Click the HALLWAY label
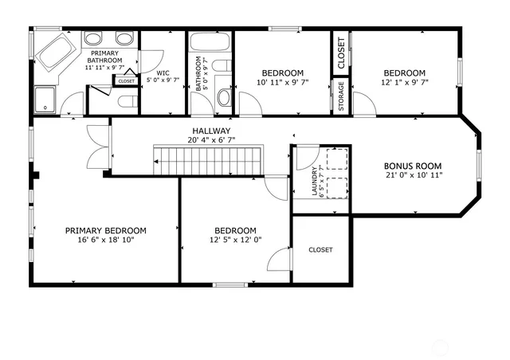tap(211, 131)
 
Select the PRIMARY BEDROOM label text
tap(106, 230)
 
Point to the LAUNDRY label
tap(302, 181)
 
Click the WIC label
tap(163, 73)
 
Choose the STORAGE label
tap(341, 96)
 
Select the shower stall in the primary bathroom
tap(47, 100)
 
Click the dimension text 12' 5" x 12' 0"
tap(235, 240)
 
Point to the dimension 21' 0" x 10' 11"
tap(413, 175)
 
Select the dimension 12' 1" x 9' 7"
tap(404, 82)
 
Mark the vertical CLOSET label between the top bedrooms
tap(341, 52)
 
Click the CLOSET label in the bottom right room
tap(320, 250)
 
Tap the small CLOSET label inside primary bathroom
tap(126, 81)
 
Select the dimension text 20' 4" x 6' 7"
tap(211, 140)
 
